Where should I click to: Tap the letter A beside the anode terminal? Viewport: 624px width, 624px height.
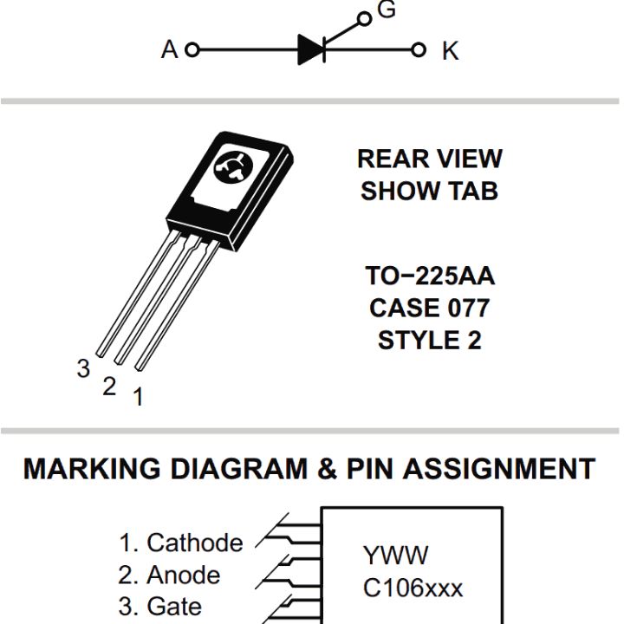(169, 50)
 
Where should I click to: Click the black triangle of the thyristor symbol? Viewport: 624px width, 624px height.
(310, 49)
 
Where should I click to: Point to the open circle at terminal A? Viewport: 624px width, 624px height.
(192, 49)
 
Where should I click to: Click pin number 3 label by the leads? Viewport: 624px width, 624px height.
(83, 368)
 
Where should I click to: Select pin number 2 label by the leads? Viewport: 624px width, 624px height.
(109, 387)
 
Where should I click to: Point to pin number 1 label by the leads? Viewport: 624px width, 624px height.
(138, 397)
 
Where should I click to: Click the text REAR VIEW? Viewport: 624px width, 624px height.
(429, 159)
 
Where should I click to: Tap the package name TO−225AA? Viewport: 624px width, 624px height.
(429, 277)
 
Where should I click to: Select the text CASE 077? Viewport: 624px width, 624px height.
(429, 308)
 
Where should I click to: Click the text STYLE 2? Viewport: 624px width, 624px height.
(429, 340)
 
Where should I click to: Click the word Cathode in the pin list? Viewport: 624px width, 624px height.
(195, 543)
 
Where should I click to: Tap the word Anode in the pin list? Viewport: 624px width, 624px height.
(183, 575)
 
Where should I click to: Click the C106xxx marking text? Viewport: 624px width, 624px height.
(413, 588)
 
